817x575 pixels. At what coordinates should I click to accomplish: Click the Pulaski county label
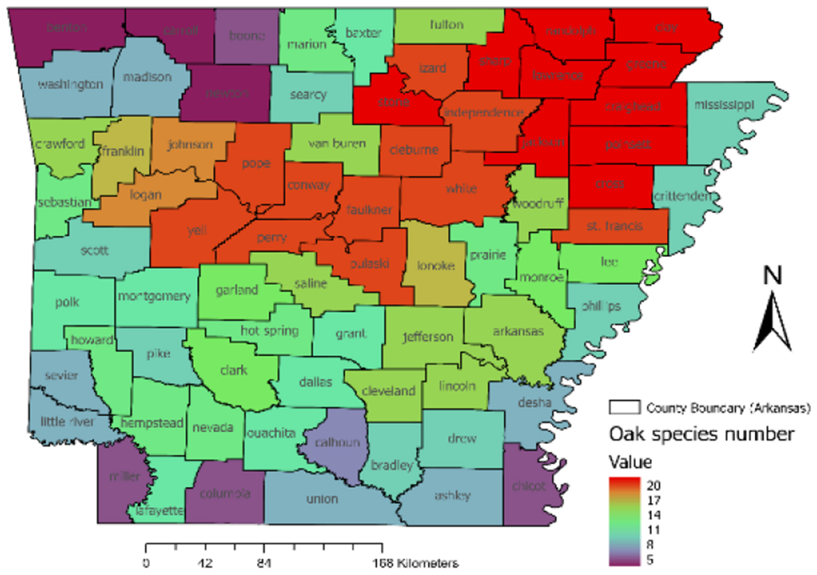tap(369, 264)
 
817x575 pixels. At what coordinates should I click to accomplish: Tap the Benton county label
tap(67, 28)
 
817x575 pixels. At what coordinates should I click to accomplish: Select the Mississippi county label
tap(724, 105)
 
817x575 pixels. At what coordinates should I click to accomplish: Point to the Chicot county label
tap(528, 485)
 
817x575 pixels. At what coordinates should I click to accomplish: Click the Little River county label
tap(67, 421)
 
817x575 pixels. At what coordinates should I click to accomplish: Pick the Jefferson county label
tap(427, 337)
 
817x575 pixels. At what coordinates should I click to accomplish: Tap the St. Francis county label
tap(614, 226)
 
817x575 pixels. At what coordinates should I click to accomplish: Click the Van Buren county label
tap(337, 144)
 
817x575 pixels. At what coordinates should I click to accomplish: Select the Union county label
tap(322, 499)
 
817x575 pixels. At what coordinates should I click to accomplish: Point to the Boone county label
tap(247, 36)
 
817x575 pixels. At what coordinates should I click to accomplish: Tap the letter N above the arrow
tap(773, 276)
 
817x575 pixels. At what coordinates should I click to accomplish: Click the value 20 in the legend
tap(653, 485)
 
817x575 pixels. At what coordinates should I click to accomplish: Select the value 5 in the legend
tap(650, 560)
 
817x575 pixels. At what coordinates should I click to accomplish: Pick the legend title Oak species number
tap(701, 434)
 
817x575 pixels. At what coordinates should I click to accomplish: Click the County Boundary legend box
tap(624, 407)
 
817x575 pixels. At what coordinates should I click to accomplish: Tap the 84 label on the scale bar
tap(264, 563)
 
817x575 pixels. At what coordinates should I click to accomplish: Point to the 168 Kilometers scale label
tap(415, 563)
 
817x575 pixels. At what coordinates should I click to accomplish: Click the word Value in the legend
tap(630, 462)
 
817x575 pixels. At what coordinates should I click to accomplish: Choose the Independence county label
tap(483, 113)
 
